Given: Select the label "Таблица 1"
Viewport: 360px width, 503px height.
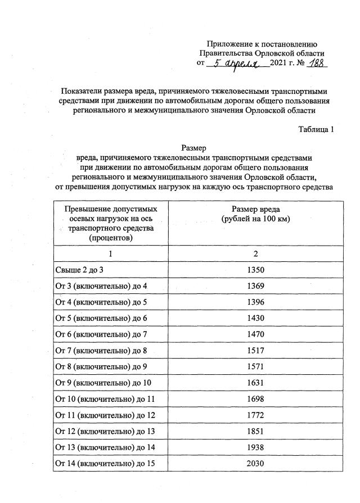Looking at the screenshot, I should (x=317, y=129).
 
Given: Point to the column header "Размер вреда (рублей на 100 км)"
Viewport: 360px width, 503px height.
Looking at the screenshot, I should (x=255, y=214).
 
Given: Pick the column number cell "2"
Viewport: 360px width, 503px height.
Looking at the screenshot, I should (x=255, y=254).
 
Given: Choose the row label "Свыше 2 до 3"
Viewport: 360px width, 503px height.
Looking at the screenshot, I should (x=81, y=270).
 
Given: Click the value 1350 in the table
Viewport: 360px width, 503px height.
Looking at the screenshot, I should (x=255, y=270).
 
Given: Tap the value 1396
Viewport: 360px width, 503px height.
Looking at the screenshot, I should (x=255, y=302).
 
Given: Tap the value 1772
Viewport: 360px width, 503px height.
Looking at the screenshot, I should (x=255, y=415).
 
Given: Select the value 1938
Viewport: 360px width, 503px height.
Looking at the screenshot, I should (x=255, y=447).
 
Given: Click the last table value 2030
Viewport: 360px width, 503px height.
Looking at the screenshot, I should (x=255, y=464).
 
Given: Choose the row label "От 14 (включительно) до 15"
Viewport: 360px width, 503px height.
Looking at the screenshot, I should (x=103, y=464).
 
